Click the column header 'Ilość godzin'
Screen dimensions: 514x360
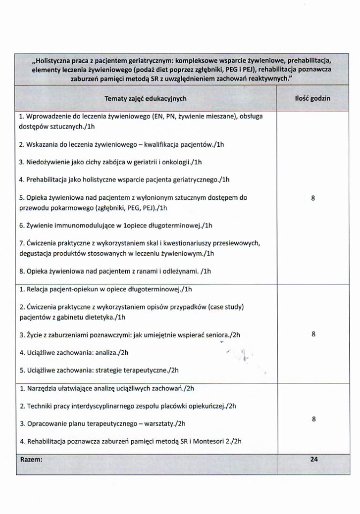312,99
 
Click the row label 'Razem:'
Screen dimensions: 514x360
31,459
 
